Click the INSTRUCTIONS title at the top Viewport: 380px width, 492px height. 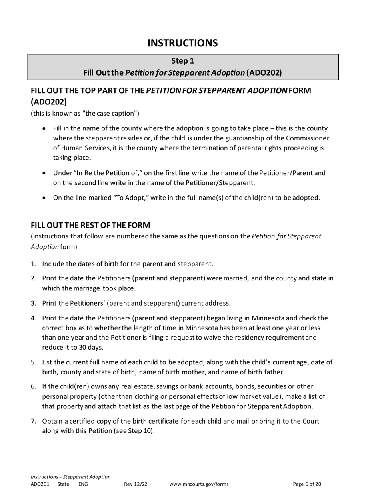[x=183, y=43]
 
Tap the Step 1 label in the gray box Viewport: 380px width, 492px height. [x=183, y=61]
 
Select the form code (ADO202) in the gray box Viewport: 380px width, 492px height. [x=264, y=73]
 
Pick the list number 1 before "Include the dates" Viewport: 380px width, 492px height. [x=34, y=264]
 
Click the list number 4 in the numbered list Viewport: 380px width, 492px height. [x=34, y=318]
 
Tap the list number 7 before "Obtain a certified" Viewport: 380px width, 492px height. [x=34, y=421]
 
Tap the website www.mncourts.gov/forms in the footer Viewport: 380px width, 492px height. [x=199, y=484]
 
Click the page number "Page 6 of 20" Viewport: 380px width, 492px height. [x=307, y=484]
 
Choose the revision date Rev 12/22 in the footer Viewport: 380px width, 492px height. [x=136, y=484]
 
